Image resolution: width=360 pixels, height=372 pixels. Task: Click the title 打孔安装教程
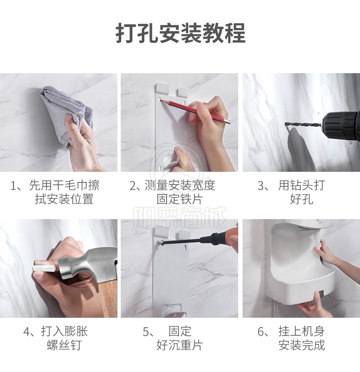(x=180, y=33)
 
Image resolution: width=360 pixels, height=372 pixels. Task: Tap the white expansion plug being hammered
(x=44, y=268)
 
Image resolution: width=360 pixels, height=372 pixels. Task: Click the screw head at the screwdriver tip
(x=160, y=242)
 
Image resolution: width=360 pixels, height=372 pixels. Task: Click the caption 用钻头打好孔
(x=291, y=192)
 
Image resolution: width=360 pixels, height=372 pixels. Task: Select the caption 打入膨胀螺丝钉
(x=56, y=338)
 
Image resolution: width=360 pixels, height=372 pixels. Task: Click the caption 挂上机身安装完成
(x=291, y=338)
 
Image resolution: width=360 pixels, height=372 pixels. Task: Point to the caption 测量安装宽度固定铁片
(x=172, y=192)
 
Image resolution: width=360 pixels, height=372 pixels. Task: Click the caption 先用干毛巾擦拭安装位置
(x=55, y=192)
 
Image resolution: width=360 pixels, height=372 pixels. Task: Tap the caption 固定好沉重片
(x=173, y=338)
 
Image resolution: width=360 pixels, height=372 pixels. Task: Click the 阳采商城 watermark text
(x=179, y=217)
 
